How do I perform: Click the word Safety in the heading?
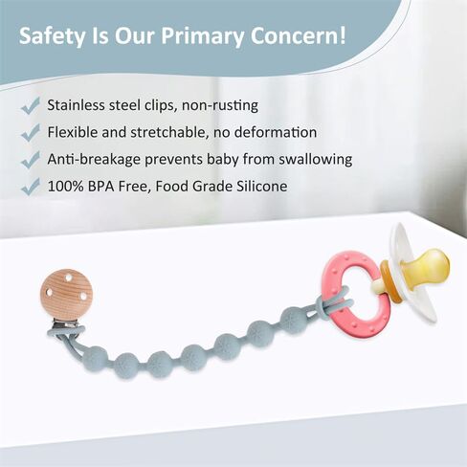pos(53,36)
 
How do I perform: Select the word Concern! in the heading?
pos(298,35)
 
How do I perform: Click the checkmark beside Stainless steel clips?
pos(31,106)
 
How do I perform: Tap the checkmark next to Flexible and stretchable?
pos(31,133)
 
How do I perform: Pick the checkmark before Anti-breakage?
pos(31,160)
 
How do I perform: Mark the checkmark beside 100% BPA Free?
pos(31,187)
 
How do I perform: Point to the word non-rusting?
pos(220,105)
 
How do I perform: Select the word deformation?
pos(276,132)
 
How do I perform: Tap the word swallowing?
pos(316,160)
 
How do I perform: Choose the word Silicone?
pos(262,186)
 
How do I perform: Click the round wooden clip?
pos(66,293)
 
